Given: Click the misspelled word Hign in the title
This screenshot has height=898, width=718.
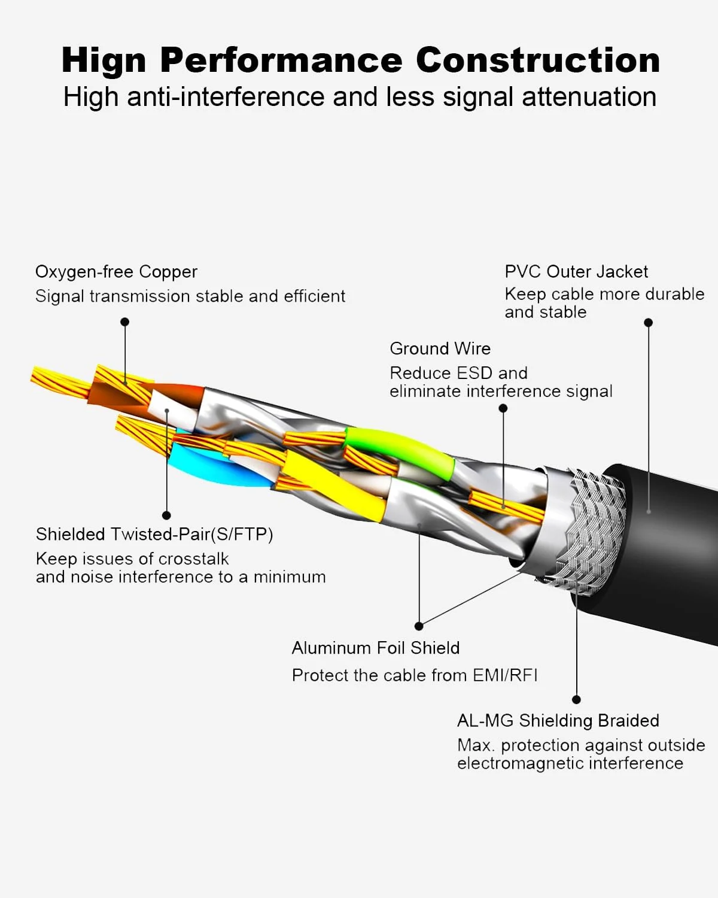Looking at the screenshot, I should click(104, 61).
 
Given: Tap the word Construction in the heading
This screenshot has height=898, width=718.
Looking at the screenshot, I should click(538, 60).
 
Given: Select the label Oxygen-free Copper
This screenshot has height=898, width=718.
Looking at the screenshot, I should click(116, 272).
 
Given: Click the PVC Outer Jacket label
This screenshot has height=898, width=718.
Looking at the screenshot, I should click(576, 272).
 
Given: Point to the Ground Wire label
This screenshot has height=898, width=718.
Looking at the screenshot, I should click(440, 348).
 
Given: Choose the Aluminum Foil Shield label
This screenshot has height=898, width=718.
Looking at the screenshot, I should click(376, 648).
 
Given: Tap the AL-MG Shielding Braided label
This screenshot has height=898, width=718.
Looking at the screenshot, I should click(558, 720).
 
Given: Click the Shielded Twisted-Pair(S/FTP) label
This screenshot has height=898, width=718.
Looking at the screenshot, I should click(154, 534).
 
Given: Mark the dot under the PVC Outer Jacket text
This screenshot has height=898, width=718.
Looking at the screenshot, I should click(648, 323).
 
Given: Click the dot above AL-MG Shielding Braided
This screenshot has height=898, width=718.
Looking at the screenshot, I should click(576, 699).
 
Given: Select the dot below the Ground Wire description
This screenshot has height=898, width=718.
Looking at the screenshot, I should click(503, 408).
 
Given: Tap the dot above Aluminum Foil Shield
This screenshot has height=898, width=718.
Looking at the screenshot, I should click(419, 626).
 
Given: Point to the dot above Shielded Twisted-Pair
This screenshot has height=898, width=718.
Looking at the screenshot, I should click(166, 515).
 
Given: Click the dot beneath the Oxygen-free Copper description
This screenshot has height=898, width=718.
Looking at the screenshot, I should click(124, 322).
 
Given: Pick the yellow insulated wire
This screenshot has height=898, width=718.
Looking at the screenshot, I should click(335, 485).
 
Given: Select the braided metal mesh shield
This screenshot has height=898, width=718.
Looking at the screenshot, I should click(598, 533).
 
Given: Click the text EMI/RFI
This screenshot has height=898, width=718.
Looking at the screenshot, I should click(505, 675).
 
